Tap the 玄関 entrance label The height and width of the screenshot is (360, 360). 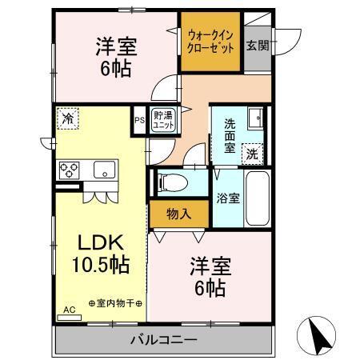coord(257,45)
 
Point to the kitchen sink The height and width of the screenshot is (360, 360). coord(104,169)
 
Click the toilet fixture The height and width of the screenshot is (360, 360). coord(170,182)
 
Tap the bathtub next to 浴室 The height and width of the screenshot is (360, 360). coord(255,198)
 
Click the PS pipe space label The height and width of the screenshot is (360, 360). coord(139,122)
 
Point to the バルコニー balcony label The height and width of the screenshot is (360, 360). coord(163,340)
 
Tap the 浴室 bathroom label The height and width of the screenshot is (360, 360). coord(228,198)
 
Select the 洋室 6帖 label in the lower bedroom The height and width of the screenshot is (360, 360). coord(206,274)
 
